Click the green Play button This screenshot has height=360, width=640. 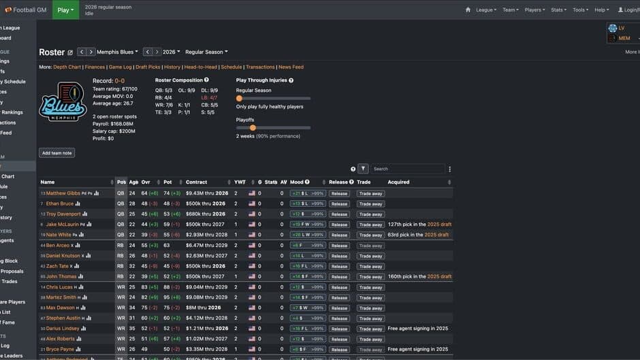click(65, 10)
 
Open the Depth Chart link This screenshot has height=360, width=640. click(67, 67)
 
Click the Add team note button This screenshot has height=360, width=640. click(57, 153)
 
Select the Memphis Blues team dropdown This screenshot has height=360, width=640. click(117, 52)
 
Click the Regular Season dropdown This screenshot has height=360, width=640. click(206, 52)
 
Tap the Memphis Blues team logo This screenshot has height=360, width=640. click(63, 103)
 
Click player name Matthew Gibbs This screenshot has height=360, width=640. click(63, 193)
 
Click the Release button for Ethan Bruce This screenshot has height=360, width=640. click(339, 203)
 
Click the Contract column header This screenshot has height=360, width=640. click(197, 182)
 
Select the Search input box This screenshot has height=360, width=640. click(407, 169)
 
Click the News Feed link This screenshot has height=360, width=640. click(291, 67)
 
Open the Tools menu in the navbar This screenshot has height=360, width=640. click(580, 10)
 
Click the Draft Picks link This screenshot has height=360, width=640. click(148, 67)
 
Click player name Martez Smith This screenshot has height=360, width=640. click(61, 297)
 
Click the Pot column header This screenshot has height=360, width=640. click(167, 182)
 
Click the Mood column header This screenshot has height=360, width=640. click(297, 182)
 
